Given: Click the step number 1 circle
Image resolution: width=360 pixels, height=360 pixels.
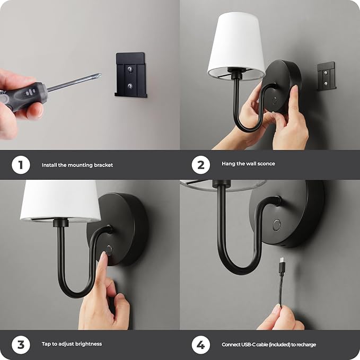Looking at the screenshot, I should [20, 165].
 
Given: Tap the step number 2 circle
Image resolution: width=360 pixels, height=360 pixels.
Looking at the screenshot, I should [200, 165].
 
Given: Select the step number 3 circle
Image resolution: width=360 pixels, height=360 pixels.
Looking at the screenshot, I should [20, 345].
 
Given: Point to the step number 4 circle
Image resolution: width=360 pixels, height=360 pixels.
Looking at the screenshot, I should [200, 345].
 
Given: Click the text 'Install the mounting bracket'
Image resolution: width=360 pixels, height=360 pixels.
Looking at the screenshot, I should [77, 165].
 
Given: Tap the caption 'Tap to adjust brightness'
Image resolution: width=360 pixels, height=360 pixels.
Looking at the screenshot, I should [72, 344].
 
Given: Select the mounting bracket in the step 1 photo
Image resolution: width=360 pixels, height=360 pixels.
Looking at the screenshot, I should [130, 75].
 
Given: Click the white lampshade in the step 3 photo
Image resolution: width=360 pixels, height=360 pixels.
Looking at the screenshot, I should [60, 201].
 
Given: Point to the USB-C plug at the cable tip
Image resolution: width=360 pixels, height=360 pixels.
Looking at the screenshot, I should [282, 262].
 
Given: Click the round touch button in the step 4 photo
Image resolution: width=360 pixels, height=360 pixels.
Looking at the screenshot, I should [277, 225].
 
